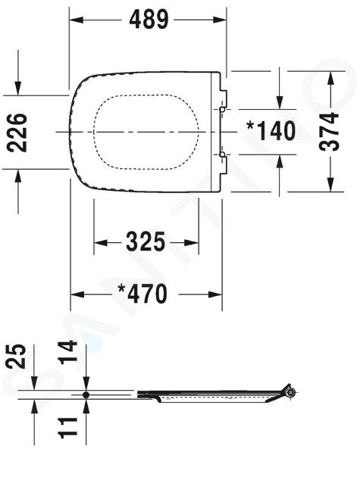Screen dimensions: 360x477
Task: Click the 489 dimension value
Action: point(149,20)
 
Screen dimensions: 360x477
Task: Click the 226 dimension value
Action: point(17,132)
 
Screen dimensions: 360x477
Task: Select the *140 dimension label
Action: point(271,131)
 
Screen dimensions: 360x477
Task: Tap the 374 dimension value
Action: point(329,132)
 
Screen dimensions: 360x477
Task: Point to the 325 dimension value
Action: point(146,242)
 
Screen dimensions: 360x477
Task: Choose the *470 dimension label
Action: point(142,294)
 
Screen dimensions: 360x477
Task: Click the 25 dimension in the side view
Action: point(16,356)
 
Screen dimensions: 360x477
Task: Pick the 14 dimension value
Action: point(68,352)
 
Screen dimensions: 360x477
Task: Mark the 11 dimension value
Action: point(68,428)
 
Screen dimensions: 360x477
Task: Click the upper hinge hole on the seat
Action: point(222,109)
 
